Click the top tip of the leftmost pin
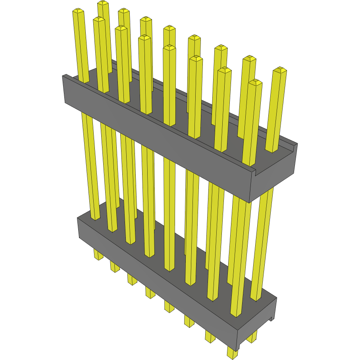coord(78,11)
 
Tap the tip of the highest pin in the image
coord(103,3)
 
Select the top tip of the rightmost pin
coord(280,69)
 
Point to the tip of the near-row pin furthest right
coord(255,82)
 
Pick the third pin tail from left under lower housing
coord(132,279)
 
